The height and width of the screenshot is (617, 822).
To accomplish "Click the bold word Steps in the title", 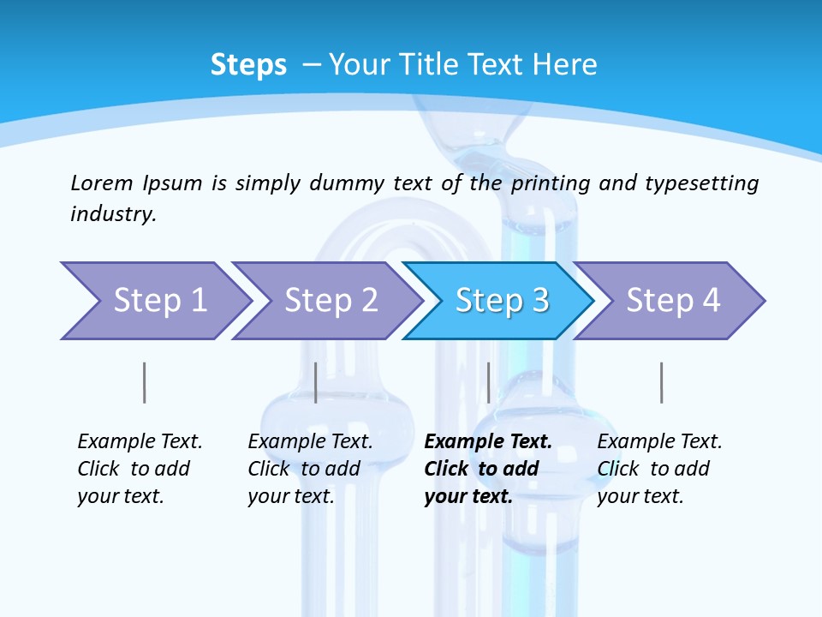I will pos(248,65).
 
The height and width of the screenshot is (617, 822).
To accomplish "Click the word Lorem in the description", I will pos(102,183).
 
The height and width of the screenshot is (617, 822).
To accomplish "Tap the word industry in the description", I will pos(113,213).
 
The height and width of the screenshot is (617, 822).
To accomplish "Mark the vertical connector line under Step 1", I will pos(144,382).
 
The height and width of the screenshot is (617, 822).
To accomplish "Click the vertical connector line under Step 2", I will pos(316,382).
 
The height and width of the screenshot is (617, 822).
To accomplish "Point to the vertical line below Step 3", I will pos(488,382).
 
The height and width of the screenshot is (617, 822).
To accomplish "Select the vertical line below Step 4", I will pos(661,382).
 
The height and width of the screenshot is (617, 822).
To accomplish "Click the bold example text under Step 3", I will pos(487,469).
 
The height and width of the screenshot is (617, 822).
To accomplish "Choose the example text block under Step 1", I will pos(140,469).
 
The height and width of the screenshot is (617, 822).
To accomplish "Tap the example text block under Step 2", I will pos(310,469).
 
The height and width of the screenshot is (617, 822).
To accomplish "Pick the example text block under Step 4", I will pos(659,469).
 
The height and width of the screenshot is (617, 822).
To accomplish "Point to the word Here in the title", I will pos(564,65).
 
